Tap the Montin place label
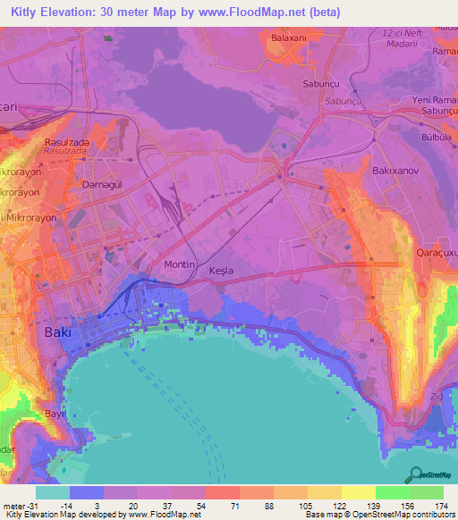click(x=181, y=265)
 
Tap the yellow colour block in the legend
click(x=358, y=492)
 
